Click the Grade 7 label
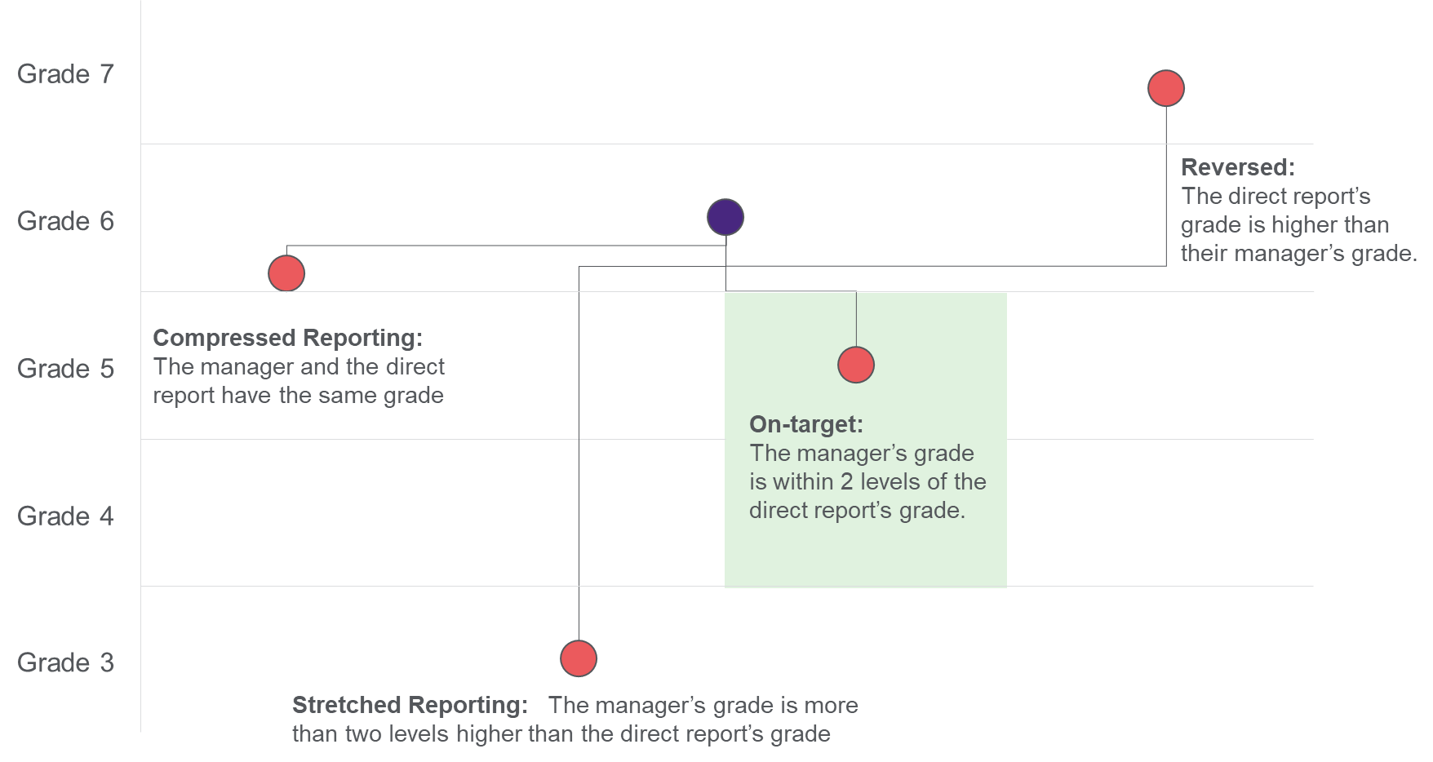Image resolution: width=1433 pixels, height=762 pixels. [65, 74]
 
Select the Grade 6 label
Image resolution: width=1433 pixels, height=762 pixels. [65, 221]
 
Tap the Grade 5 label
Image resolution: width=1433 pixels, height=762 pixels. [65, 369]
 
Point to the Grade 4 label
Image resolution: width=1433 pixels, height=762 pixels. [65, 516]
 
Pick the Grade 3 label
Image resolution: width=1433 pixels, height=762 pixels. [65, 662]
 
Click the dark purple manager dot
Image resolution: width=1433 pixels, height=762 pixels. [725, 217]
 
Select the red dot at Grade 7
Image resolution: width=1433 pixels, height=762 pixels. [1166, 88]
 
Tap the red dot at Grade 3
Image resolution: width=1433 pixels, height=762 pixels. [579, 658]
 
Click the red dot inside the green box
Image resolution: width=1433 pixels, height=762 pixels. [856, 365]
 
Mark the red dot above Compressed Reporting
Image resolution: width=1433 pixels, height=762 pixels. [286, 273]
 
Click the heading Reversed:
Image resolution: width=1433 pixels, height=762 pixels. [1238, 167]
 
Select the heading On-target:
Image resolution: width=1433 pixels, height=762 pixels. [806, 424]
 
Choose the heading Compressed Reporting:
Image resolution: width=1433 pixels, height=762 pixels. [288, 338]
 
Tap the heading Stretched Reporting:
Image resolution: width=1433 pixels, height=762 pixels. [410, 705]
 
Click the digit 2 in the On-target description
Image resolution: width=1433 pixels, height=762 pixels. [846, 481]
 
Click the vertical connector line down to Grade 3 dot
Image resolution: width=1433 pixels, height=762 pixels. [579, 453]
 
